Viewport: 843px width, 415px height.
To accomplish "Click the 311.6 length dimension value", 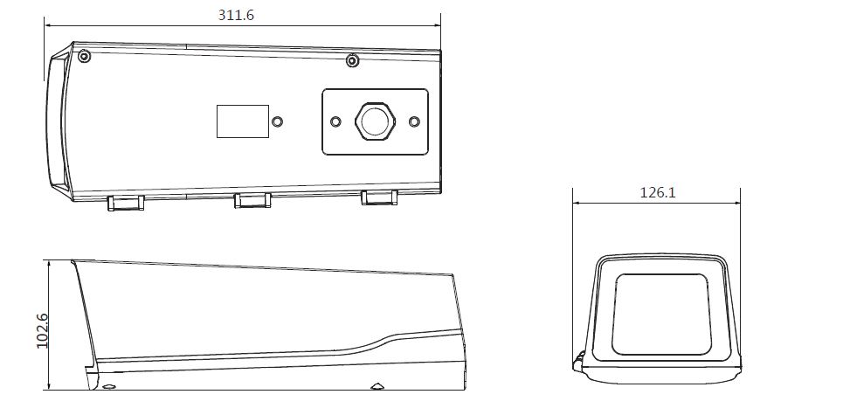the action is point(236,15).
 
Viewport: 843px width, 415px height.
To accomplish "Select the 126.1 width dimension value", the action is point(658,192).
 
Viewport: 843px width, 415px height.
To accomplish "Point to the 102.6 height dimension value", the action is point(42,330).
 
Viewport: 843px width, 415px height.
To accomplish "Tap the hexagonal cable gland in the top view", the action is point(375,121).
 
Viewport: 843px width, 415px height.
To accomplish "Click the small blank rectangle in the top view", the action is point(243,121).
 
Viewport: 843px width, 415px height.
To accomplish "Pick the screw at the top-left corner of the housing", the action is point(83,56).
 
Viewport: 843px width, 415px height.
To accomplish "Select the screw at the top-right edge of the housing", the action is point(352,61).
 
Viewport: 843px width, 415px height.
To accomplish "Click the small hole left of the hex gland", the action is point(335,121).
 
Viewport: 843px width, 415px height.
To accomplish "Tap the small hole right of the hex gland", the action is point(414,121).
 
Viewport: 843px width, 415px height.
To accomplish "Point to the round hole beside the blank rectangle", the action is point(277,121).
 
